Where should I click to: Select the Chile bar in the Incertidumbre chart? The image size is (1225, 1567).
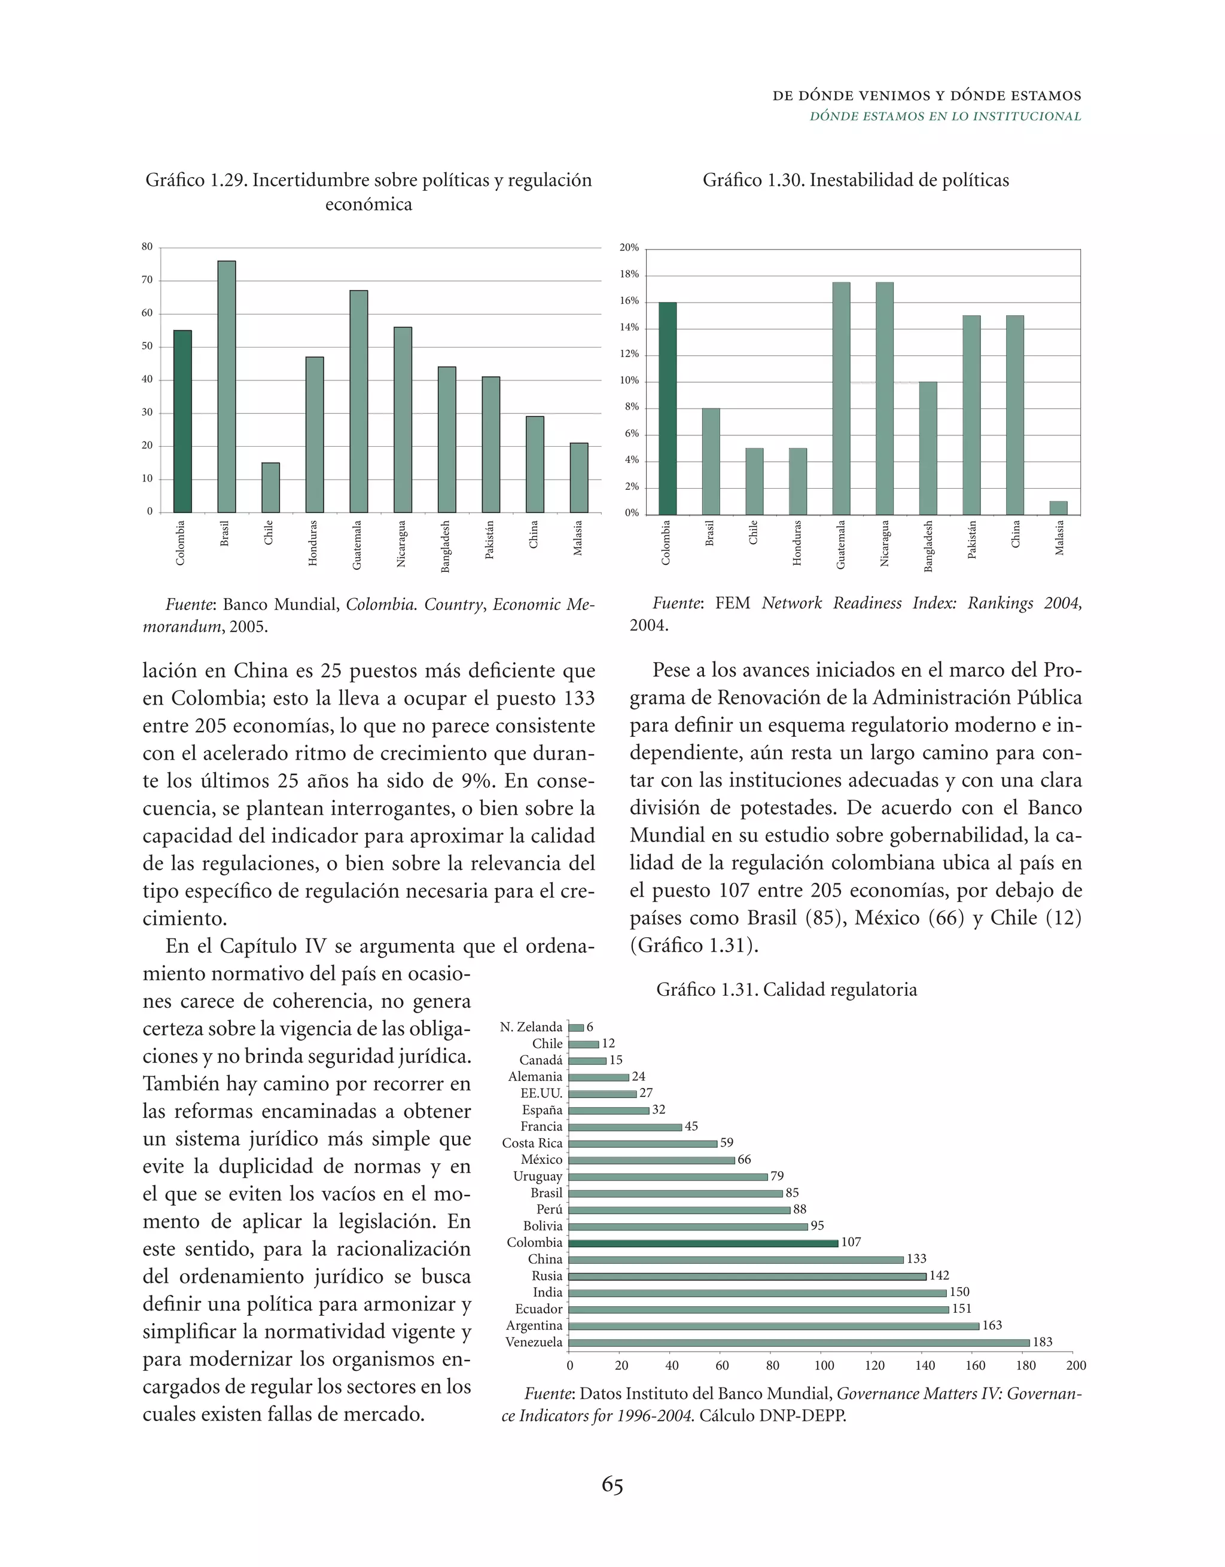tap(270, 487)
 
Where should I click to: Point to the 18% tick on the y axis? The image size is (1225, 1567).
tap(629, 275)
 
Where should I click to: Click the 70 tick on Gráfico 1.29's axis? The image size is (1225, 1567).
tap(147, 280)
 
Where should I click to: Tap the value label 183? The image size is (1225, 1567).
tap(1042, 1342)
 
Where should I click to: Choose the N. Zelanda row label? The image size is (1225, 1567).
tap(531, 1028)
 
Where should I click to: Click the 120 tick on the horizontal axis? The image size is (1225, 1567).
tap(874, 1365)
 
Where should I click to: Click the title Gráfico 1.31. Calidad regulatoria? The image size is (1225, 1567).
tap(787, 990)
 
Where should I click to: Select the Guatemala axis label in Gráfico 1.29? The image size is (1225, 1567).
tap(357, 545)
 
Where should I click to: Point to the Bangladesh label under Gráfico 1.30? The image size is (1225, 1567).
tap(928, 546)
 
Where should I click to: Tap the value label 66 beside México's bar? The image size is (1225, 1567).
tap(744, 1160)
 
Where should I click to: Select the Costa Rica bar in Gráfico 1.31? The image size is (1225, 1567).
tap(642, 1144)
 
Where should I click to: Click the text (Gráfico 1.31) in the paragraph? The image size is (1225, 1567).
tap(693, 946)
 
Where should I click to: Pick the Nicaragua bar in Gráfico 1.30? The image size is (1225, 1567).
tap(884, 398)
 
